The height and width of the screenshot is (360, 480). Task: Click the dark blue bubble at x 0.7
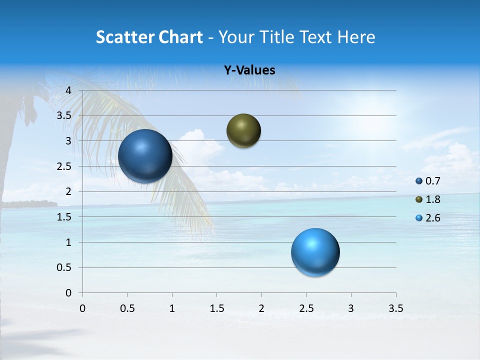pos(145,156)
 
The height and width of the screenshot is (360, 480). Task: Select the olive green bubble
pos(243,131)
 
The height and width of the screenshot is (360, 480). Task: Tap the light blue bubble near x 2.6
pos(315,252)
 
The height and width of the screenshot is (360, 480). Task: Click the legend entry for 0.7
pos(428,181)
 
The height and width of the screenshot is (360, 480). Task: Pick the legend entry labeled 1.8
pos(428,199)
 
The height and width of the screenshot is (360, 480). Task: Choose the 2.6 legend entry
pos(428,218)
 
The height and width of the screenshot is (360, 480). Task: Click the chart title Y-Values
pos(249,70)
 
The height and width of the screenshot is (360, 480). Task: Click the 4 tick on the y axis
pos(69,90)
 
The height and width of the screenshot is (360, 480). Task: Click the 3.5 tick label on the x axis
pos(395,308)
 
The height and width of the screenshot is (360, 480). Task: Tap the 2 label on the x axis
pos(261,308)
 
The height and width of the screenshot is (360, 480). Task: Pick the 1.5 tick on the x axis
pos(216,308)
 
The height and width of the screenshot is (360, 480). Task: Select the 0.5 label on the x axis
pos(127,308)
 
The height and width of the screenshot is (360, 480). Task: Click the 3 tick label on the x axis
pos(351,308)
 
